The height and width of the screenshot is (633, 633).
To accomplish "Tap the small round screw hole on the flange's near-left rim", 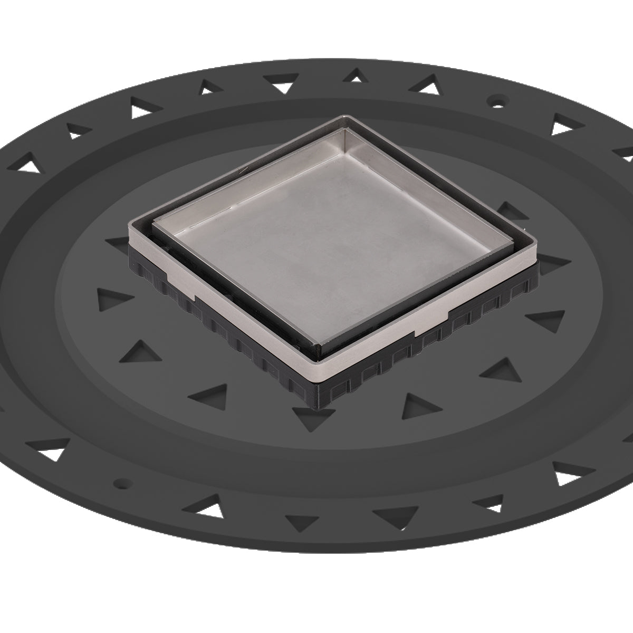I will [122, 482].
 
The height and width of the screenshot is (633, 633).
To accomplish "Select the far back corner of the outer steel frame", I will [346, 116].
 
